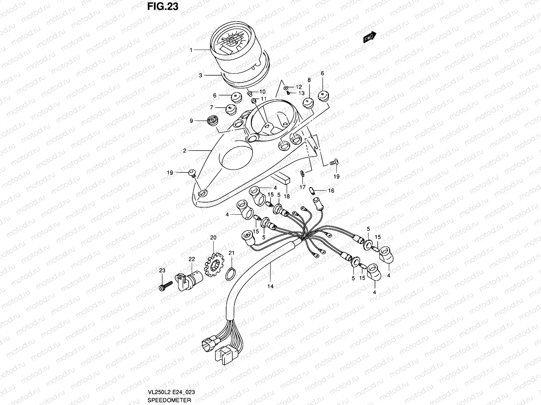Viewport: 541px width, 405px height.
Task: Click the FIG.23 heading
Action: pyautogui.click(x=163, y=6)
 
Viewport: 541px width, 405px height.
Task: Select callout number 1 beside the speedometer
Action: pyautogui.click(x=191, y=50)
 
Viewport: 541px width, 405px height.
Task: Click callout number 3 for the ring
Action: pyautogui.click(x=200, y=76)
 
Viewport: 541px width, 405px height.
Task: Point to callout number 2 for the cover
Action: pyautogui.click(x=185, y=151)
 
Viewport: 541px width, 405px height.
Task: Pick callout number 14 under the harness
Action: pyautogui.click(x=270, y=286)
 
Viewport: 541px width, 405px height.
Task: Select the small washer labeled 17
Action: pyautogui.click(x=302, y=173)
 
